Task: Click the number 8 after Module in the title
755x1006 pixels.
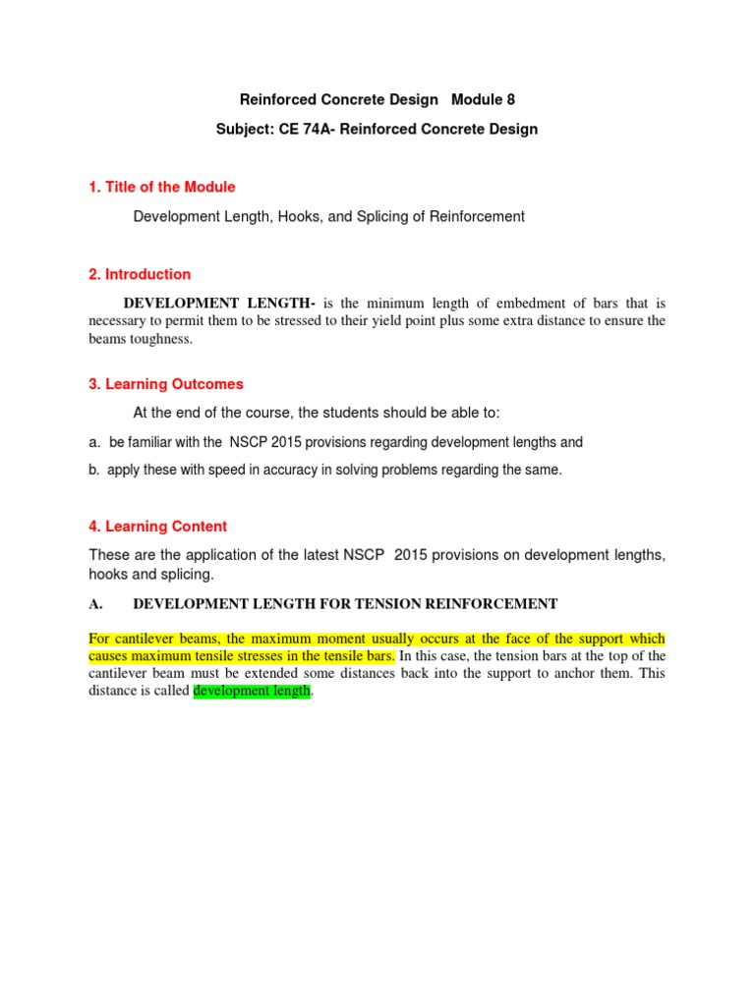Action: [509, 99]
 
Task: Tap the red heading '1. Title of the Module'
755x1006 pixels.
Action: [162, 187]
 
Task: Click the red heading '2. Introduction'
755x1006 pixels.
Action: [140, 274]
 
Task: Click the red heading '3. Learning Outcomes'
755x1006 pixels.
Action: [166, 384]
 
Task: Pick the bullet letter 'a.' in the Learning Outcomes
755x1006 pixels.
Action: [95, 442]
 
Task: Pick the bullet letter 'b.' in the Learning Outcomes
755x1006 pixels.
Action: [95, 470]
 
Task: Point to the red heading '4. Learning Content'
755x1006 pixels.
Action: [157, 527]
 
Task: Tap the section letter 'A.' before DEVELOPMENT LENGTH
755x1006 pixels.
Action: [96, 604]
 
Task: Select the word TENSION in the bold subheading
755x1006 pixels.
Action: [376, 604]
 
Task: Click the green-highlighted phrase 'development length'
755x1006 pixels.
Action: [253, 692]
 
